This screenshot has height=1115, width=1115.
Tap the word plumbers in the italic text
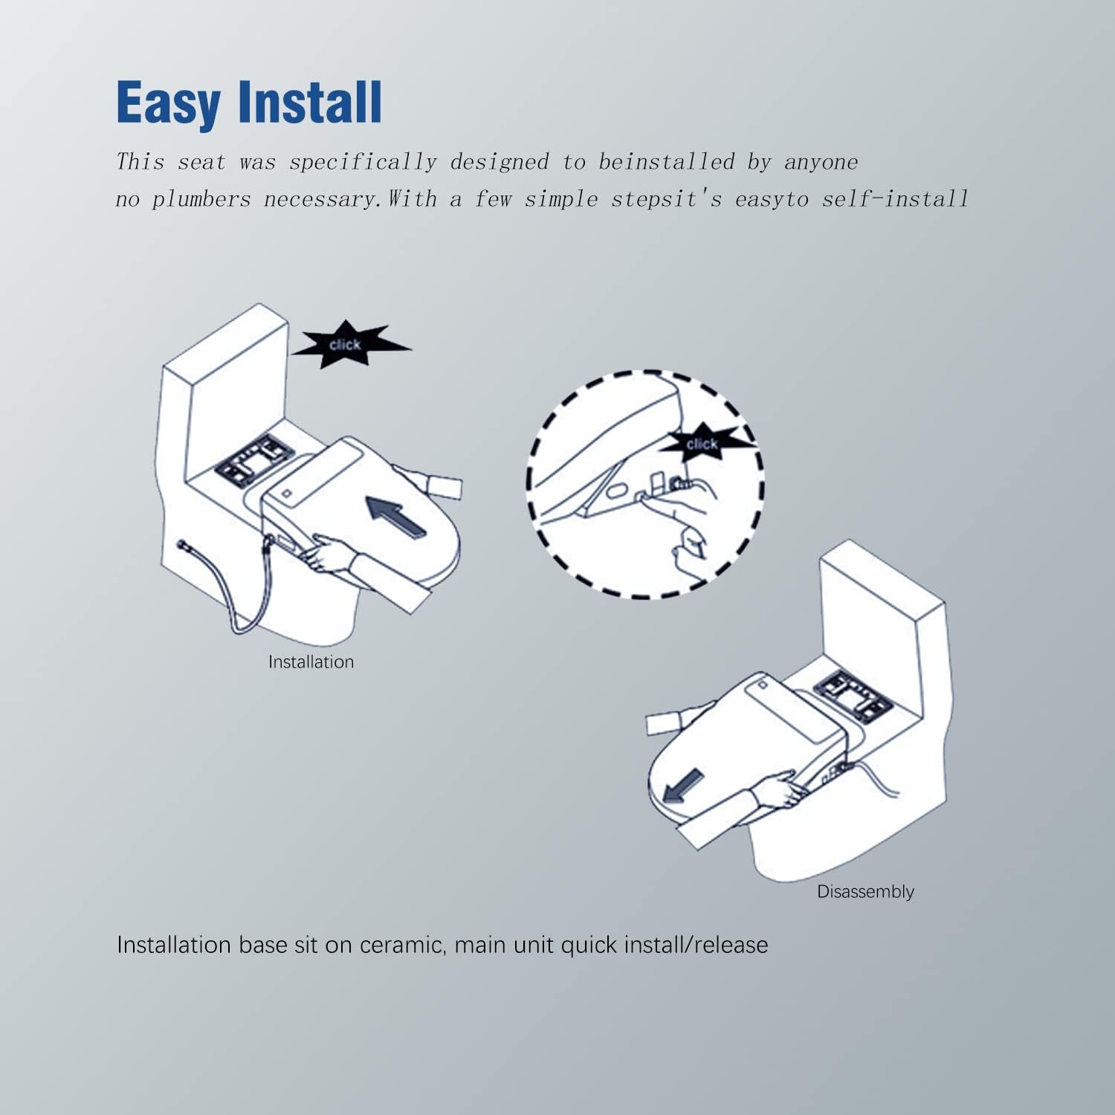201,200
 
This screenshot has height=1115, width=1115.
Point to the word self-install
895,199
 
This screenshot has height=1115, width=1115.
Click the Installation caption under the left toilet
311,662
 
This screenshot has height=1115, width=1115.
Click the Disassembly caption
865,891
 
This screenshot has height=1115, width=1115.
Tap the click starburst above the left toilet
348,344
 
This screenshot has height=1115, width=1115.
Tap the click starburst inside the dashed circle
704,444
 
